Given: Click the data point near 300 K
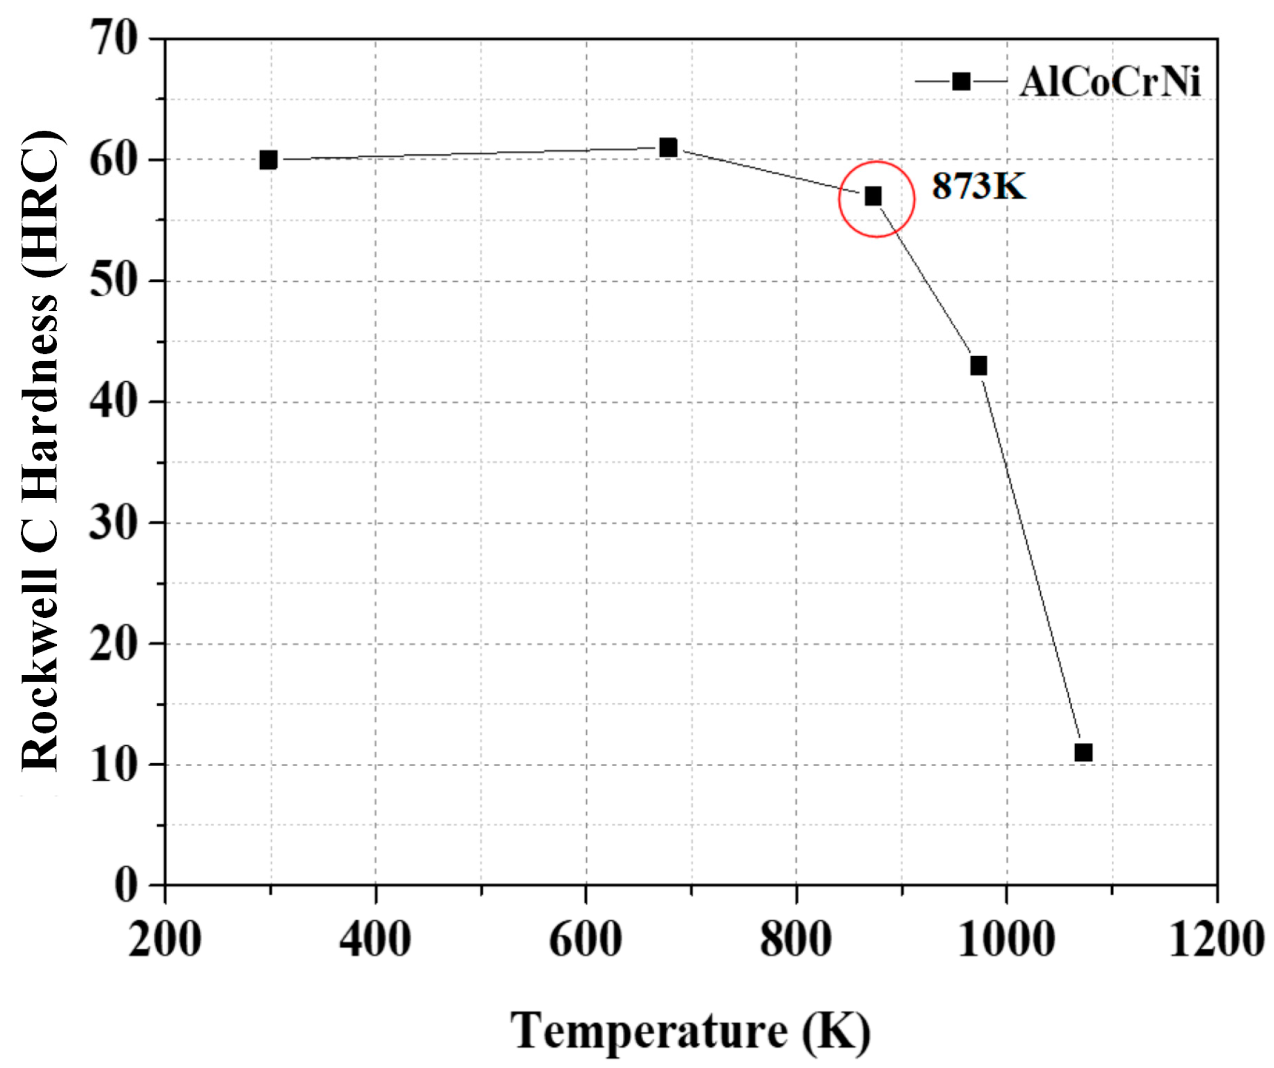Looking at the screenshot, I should [x=268, y=160].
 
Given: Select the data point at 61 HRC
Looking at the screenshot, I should [x=668, y=148].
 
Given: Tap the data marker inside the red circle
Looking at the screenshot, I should [x=873, y=196].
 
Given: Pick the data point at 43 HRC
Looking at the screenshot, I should [x=979, y=366].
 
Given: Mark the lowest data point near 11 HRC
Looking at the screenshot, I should [x=1083, y=753].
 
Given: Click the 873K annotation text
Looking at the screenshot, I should [x=979, y=186].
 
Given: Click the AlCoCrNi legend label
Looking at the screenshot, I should [x=1110, y=82].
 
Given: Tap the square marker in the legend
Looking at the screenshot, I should [x=961, y=81].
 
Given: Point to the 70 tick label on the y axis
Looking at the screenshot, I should [x=113, y=37].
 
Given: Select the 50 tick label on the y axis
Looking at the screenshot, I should [x=113, y=281].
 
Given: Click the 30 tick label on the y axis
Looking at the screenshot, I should [x=113, y=523].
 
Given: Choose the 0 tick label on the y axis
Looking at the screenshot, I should [x=126, y=886].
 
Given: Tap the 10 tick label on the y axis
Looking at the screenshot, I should [x=113, y=765].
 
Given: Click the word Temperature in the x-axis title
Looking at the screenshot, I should [x=649, y=1031].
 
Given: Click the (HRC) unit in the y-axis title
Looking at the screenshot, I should [x=40, y=203].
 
